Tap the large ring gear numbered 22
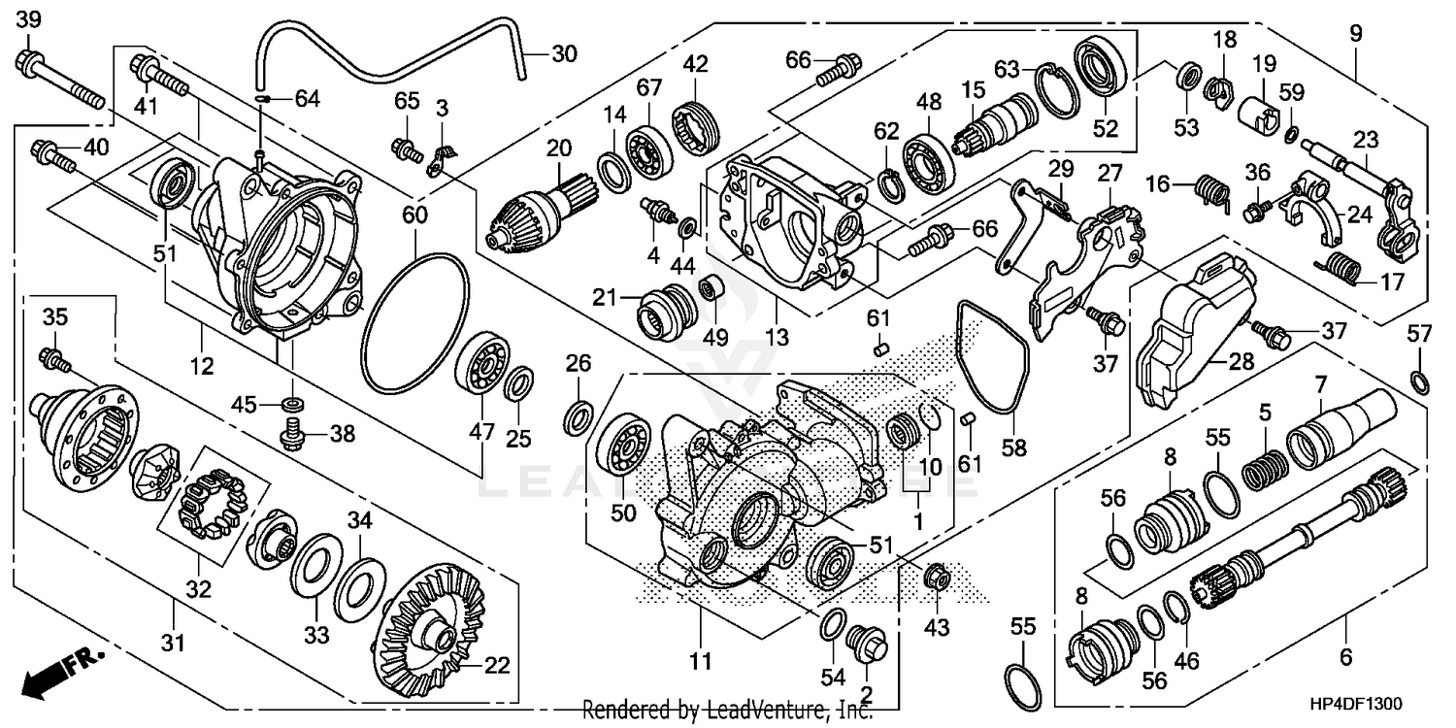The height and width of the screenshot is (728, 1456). click(434, 631)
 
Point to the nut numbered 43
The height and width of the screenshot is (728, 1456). click(937, 577)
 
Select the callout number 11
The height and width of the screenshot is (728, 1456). click(701, 662)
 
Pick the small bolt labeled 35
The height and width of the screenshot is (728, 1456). click(53, 360)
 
